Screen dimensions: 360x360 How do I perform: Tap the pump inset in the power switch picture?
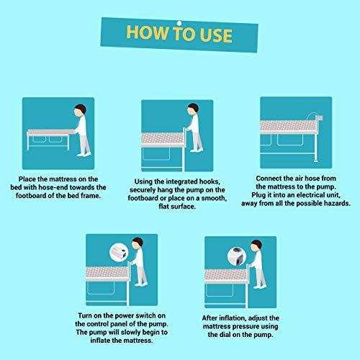[x=120, y=251]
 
